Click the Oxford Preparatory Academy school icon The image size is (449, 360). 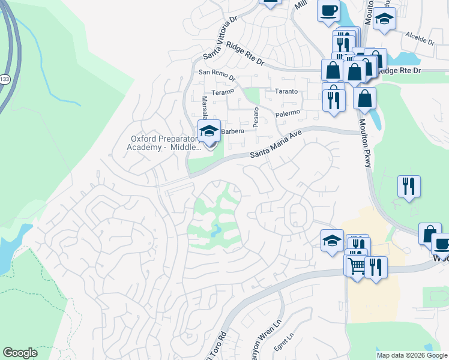click(209, 131)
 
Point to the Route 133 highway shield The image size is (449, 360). click(5, 79)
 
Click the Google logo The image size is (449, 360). click(20, 353)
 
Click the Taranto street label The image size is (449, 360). click(286, 91)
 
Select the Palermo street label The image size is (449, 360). click(287, 113)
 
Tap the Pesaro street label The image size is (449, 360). click(256, 116)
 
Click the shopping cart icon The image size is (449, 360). click(355, 265)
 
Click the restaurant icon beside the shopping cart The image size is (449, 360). click(376, 268)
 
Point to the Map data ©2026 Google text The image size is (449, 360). click(412, 355)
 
